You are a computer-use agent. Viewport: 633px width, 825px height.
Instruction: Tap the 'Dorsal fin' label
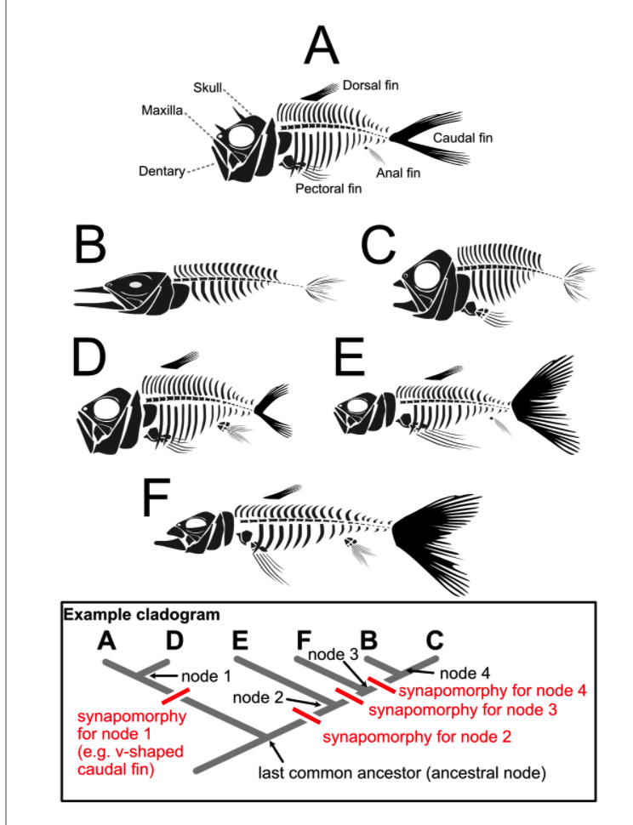(371, 85)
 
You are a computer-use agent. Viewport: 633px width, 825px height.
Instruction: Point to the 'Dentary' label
(162, 172)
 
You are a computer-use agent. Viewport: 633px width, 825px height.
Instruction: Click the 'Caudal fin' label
(463, 137)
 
